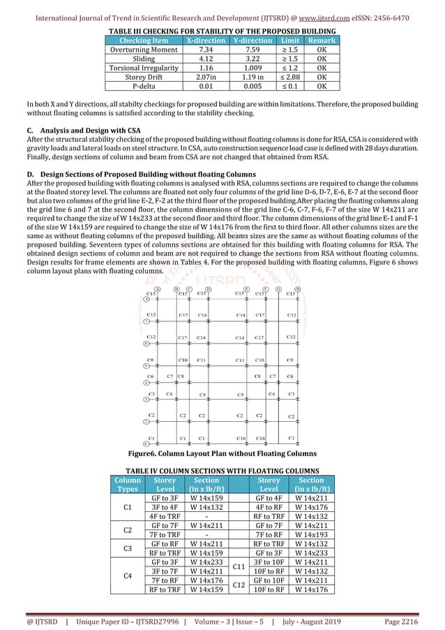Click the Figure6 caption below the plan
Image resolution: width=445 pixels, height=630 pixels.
coord(222,451)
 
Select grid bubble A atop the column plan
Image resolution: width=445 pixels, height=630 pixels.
coord(158,288)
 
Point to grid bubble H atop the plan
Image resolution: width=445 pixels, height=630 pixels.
coord(299,288)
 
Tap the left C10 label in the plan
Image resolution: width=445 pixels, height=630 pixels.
coord(183,360)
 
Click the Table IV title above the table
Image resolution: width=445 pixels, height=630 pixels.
coord(222,469)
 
